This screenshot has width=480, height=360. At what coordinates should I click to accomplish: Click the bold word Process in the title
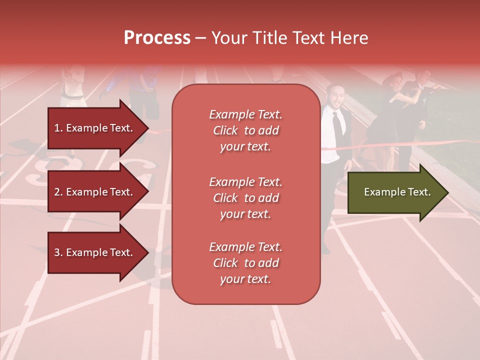click(x=157, y=38)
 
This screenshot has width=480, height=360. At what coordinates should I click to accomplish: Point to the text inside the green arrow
click(x=397, y=192)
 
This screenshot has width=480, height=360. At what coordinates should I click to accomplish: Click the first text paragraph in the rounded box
click(x=245, y=130)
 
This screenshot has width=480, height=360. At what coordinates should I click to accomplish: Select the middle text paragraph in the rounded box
click(x=245, y=198)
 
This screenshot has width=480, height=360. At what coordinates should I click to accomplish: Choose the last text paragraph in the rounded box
click(x=245, y=263)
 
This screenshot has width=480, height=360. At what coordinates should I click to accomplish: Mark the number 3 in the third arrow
click(x=57, y=252)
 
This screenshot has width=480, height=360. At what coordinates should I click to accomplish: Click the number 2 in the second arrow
click(x=57, y=192)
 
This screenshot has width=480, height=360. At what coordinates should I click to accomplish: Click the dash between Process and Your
click(x=200, y=38)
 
